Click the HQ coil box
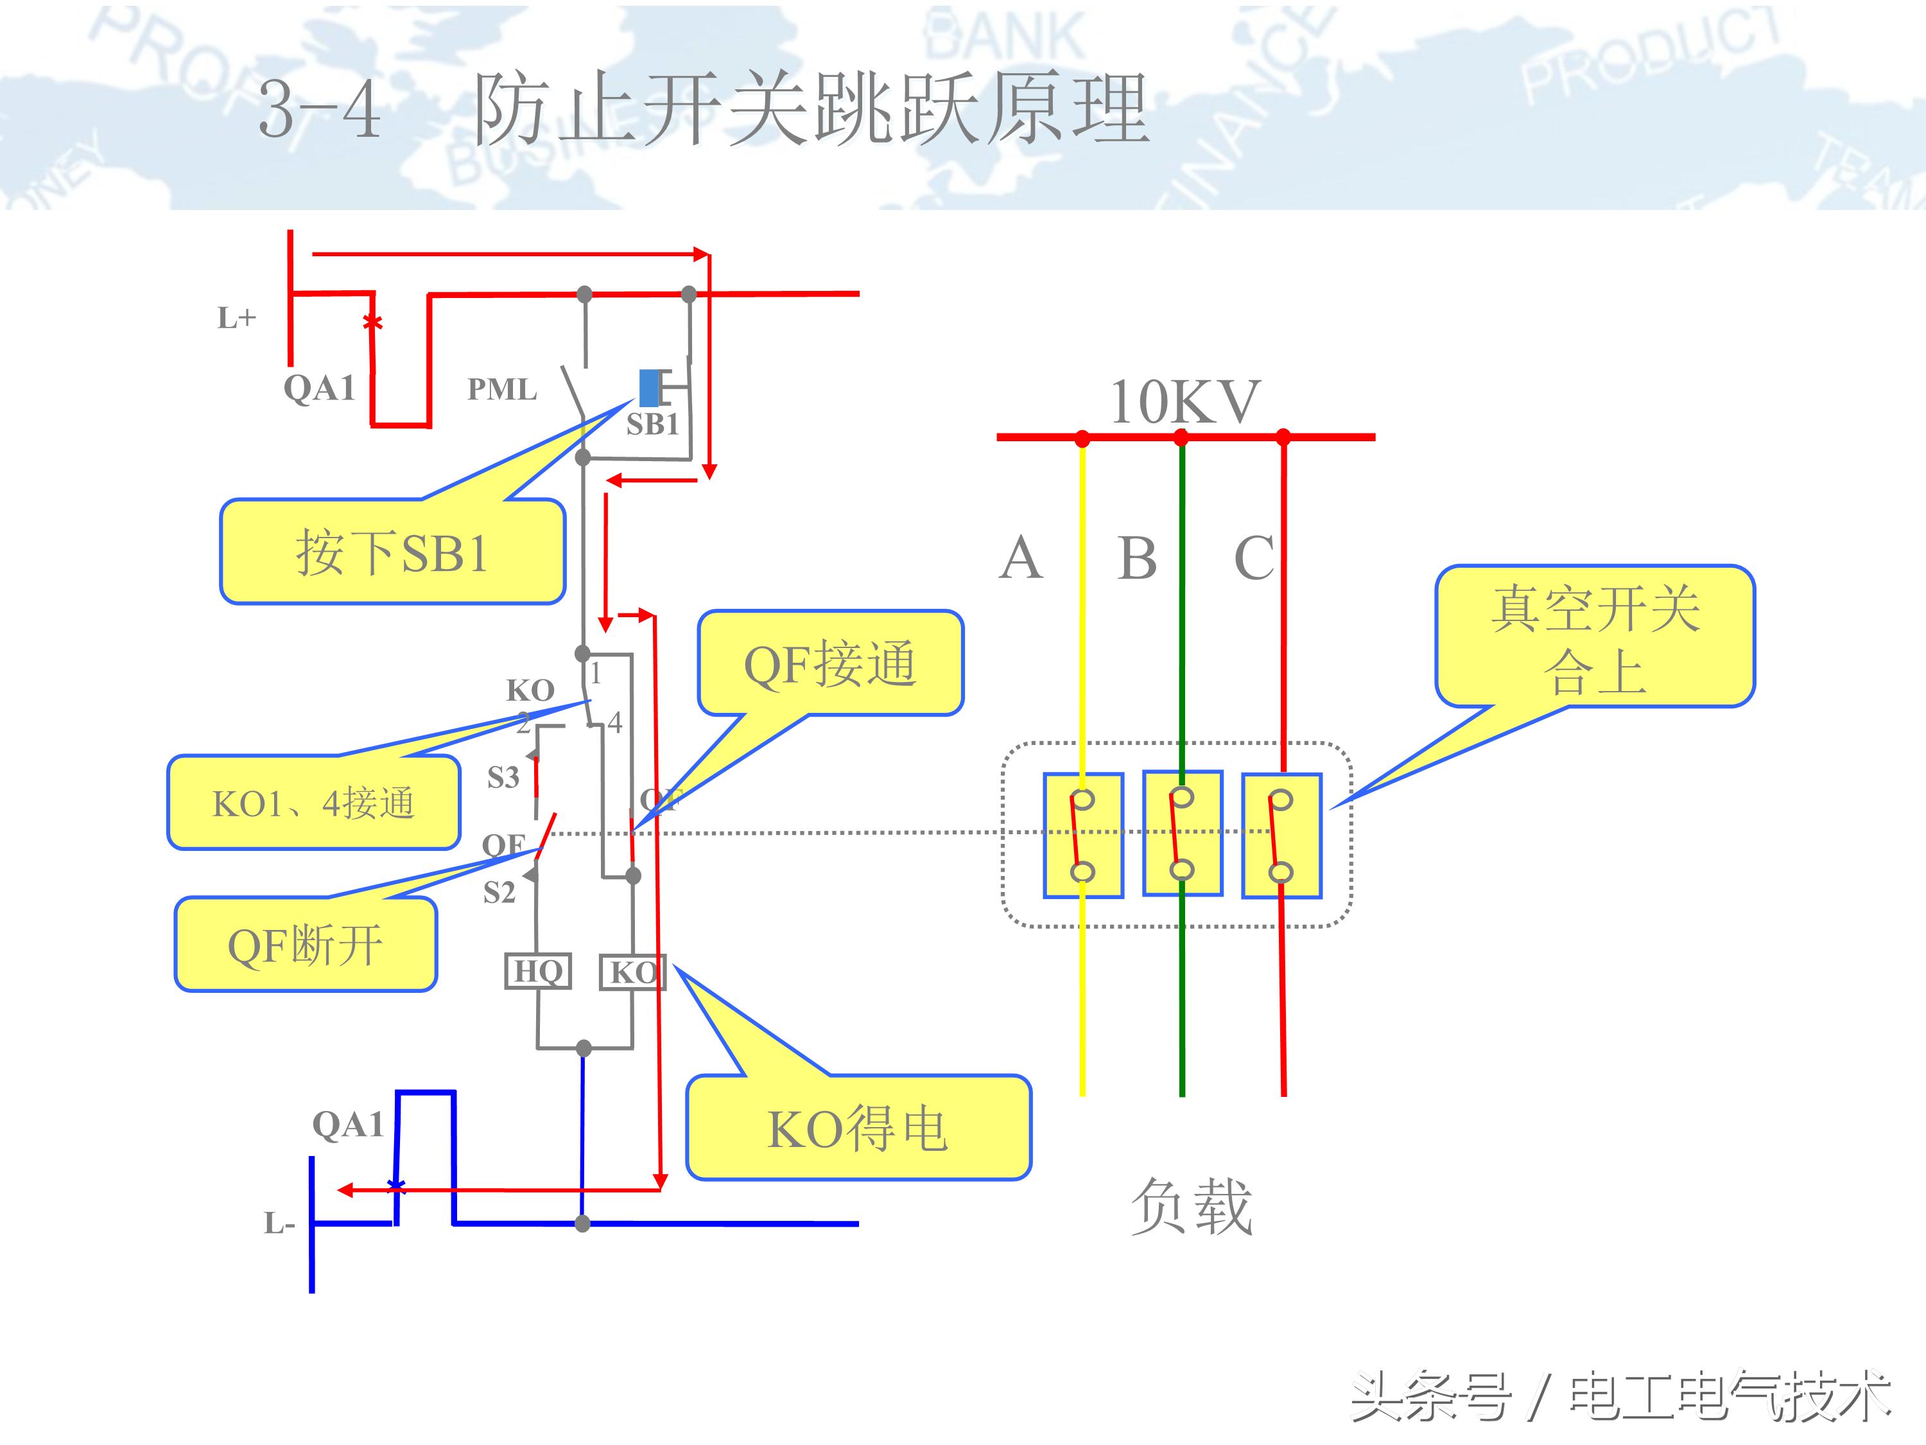tap(538, 971)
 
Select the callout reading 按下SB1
tap(392, 552)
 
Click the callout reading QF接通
tap(829, 663)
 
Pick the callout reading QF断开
tap(306, 945)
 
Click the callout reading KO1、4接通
tap(313, 802)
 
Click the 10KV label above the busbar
tap(1184, 403)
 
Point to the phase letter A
tap(1021, 557)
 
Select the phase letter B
tap(1137, 557)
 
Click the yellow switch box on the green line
tap(1183, 834)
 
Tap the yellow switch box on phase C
tap(1281, 836)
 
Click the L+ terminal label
tap(236, 318)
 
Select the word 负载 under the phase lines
tap(1190, 1206)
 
